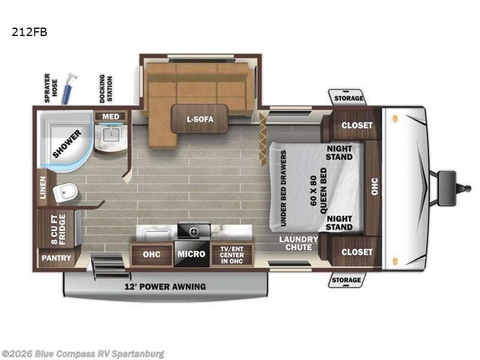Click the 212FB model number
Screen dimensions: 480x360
coord(29,32)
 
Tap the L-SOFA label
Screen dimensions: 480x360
coord(200,119)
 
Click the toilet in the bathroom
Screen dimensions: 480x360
coord(65,193)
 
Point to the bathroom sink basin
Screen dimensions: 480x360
coord(110,135)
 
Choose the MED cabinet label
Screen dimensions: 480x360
coord(110,116)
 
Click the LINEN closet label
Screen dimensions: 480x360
coord(42,188)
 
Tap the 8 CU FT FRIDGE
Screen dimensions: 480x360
coord(58,229)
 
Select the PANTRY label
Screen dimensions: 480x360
coord(56,258)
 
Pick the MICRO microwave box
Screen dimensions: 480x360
coord(191,254)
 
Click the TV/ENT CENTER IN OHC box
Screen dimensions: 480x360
coord(232,255)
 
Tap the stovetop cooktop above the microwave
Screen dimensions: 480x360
coord(194,230)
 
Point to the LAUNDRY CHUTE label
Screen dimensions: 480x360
coord(298,244)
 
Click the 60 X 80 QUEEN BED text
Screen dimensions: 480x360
coord(319,190)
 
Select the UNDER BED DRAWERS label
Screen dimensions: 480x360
coord(283,188)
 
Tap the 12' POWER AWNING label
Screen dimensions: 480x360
coord(165,287)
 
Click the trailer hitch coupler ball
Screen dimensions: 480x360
coord(468,188)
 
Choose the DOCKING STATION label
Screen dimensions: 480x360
coord(106,88)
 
